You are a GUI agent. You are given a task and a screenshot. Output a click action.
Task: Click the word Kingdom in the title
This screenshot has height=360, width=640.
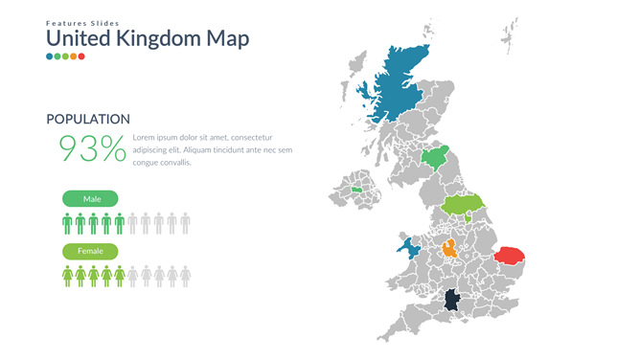point(159,39)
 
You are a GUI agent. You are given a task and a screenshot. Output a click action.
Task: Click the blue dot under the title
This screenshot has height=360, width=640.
point(50,56)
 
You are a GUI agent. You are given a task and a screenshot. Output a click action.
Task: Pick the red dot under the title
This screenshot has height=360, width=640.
point(81,56)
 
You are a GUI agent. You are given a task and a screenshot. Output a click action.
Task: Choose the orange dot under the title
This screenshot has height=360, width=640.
point(74,56)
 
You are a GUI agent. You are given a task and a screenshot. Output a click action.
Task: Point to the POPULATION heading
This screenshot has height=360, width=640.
point(88,120)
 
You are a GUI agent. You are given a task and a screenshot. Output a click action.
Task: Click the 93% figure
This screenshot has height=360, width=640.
point(92,148)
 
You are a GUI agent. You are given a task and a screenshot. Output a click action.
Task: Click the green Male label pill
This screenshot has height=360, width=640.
point(91,199)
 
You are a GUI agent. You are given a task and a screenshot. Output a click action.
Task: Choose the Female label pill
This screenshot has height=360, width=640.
point(91,251)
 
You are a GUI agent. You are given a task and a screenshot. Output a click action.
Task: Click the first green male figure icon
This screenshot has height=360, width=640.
point(67,224)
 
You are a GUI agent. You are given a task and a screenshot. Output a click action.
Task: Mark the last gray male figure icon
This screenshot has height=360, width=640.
point(185,224)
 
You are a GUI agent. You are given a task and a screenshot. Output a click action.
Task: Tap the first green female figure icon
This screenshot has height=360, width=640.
point(67,277)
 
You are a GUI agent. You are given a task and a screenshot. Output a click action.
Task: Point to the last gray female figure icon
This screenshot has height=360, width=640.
point(185,277)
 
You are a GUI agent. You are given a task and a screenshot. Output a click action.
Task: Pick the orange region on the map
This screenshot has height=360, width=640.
point(449,252)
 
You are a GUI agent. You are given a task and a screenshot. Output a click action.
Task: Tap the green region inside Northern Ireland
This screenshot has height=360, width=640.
point(357,190)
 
